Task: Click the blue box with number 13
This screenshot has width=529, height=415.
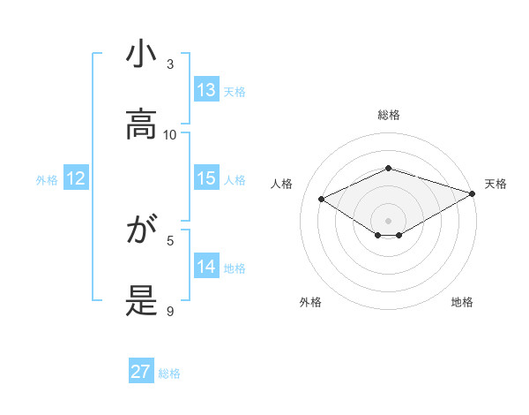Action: tap(206, 90)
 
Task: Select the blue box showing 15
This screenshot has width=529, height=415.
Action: tap(206, 178)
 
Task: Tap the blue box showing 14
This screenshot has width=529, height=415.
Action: tap(206, 267)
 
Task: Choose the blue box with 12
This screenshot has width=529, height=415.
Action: tap(76, 178)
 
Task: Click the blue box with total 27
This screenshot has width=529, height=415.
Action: tap(141, 372)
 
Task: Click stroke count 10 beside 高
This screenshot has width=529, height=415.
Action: tap(170, 134)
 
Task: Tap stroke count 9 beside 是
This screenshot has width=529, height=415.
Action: tap(170, 311)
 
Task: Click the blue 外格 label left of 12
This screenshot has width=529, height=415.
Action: tap(47, 179)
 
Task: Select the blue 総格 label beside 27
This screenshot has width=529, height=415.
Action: tap(169, 373)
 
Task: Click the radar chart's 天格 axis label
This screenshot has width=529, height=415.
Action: tap(495, 184)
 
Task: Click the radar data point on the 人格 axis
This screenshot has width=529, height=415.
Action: tap(322, 198)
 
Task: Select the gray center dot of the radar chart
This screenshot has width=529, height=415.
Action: tap(388, 220)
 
